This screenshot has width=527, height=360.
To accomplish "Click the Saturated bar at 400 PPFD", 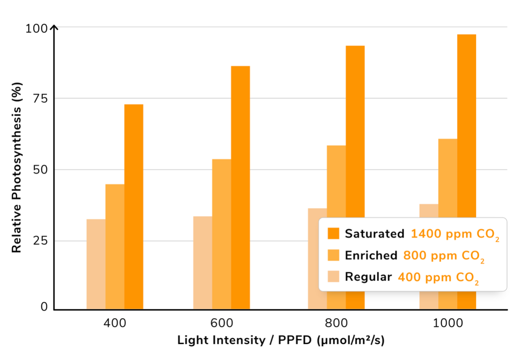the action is pyautogui.click(x=134, y=207).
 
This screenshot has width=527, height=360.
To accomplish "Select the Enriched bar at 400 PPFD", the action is pyautogui.click(x=115, y=247).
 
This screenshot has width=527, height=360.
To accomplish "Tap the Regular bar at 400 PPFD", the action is pyautogui.click(x=96, y=264).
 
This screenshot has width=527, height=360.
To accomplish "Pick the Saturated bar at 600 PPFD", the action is pyautogui.click(x=240, y=188).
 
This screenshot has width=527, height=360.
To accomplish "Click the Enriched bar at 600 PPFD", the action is pyautogui.click(x=221, y=234).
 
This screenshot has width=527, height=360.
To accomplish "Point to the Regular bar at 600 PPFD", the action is pyautogui.click(x=203, y=263).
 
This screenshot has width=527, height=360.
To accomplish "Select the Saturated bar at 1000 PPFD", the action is pyautogui.click(x=467, y=126).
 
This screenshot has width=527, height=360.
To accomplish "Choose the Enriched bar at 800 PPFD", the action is pyautogui.click(x=337, y=182).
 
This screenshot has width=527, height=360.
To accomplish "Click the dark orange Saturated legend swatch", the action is pyautogui.click(x=334, y=233).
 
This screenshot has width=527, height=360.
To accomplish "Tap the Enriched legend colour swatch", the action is pyautogui.click(x=334, y=255).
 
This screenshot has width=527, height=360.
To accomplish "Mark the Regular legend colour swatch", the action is pyautogui.click(x=334, y=276).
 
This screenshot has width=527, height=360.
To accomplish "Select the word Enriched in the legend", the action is pyautogui.click(x=371, y=255).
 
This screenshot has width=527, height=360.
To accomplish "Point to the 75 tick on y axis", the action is pyautogui.click(x=40, y=98).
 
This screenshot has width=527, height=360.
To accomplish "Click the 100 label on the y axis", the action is pyautogui.click(x=37, y=29).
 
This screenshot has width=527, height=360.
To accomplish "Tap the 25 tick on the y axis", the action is pyautogui.click(x=40, y=241).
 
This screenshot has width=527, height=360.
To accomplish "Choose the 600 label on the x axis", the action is pyautogui.click(x=221, y=323).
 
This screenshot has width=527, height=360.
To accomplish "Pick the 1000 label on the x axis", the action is pyautogui.click(x=448, y=323).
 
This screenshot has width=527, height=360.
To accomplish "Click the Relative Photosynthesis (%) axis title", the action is pyautogui.click(x=17, y=168).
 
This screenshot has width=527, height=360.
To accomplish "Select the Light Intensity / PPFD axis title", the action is pyautogui.click(x=281, y=341).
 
